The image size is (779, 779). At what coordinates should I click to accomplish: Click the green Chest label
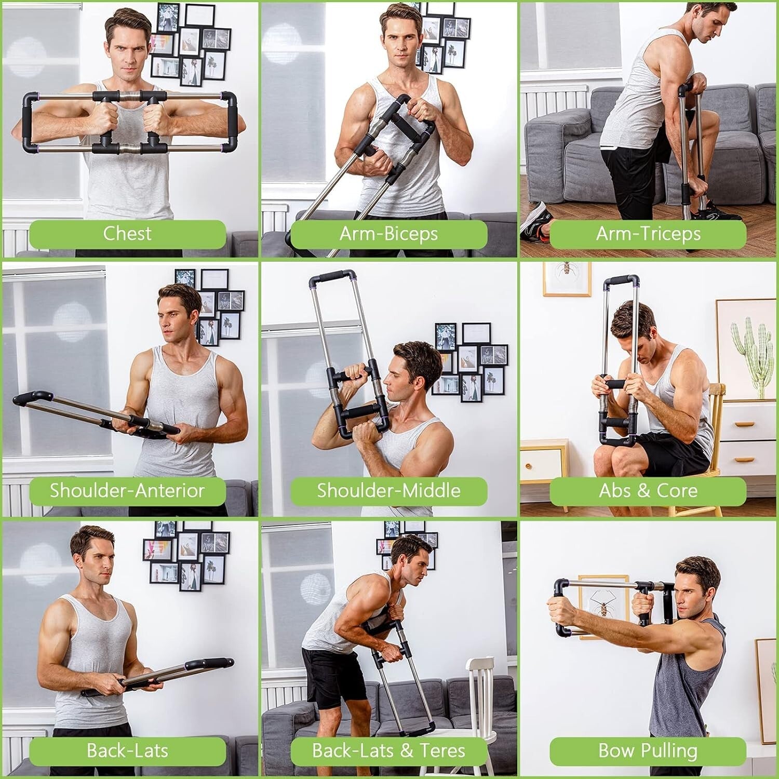pyautogui.click(x=127, y=234)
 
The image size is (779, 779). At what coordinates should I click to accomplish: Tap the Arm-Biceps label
pyautogui.click(x=388, y=234)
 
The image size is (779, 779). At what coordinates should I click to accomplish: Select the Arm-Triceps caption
pyautogui.click(x=648, y=234)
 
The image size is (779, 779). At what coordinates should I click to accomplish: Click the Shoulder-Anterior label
pyautogui.click(x=127, y=491)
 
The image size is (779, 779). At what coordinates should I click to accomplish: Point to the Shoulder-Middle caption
pyautogui.click(x=388, y=491)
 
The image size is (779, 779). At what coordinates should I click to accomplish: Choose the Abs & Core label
pyautogui.click(x=648, y=491)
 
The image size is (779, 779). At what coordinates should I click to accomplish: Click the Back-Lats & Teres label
pyautogui.click(x=388, y=750)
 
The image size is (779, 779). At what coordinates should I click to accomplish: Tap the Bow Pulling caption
pyautogui.click(x=648, y=750)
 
